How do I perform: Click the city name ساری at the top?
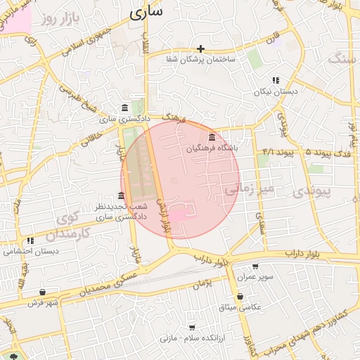[146, 11]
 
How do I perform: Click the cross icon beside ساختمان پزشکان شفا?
[201, 49]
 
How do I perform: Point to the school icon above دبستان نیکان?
[276, 80]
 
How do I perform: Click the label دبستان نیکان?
[276, 91]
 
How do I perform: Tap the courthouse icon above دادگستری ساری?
[125, 108]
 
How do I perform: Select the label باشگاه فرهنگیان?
[212, 148]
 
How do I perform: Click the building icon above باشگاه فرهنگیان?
[212, 136]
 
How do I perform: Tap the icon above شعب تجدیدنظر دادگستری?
[122, 195]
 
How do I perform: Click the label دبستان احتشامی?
[30, 251]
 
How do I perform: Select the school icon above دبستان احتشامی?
[30, 240]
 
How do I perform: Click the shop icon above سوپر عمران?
[255, 266]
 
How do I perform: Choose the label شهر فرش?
[42, 302]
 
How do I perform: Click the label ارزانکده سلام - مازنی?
[190, 338]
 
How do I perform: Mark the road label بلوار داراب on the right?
[303, 252]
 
